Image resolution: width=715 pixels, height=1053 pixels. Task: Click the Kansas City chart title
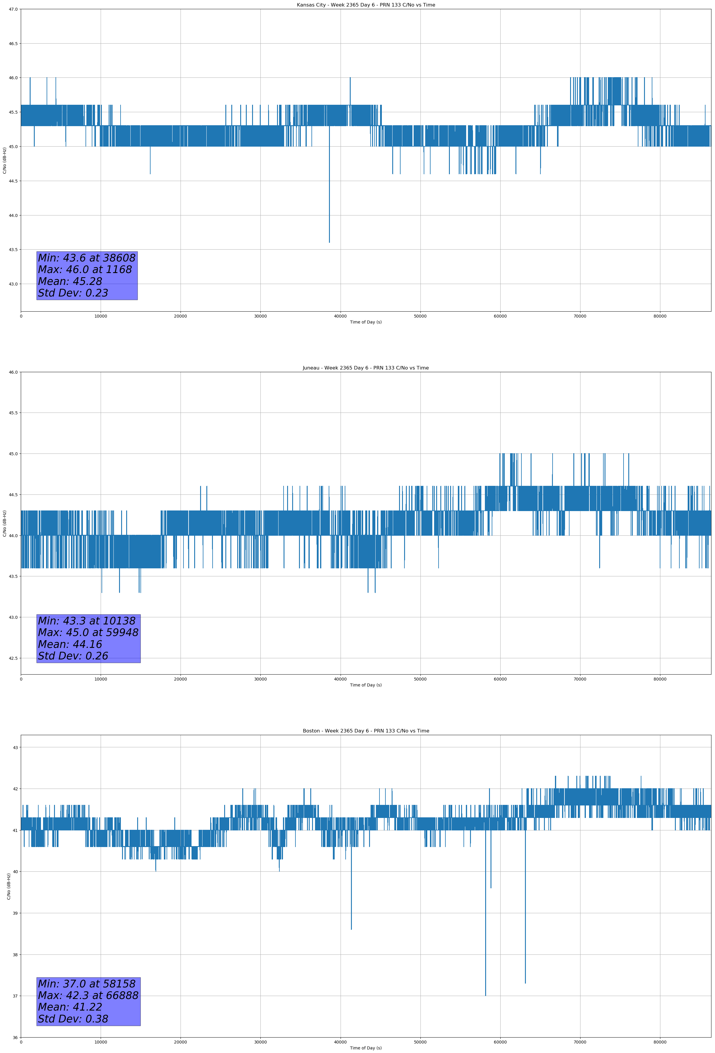366,5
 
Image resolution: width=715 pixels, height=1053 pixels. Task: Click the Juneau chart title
366,368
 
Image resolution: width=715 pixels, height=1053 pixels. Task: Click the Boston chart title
366,731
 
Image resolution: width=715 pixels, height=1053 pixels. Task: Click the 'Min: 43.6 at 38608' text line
87,258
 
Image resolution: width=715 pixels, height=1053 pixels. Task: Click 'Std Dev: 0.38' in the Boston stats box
73,1019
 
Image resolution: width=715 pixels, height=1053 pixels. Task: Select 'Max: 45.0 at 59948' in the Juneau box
88,632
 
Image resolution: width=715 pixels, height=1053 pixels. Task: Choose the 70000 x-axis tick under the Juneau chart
580,679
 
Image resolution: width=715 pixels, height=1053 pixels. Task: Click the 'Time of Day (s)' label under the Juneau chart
366,685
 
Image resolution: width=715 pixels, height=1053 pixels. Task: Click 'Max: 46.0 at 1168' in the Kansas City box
85,269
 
